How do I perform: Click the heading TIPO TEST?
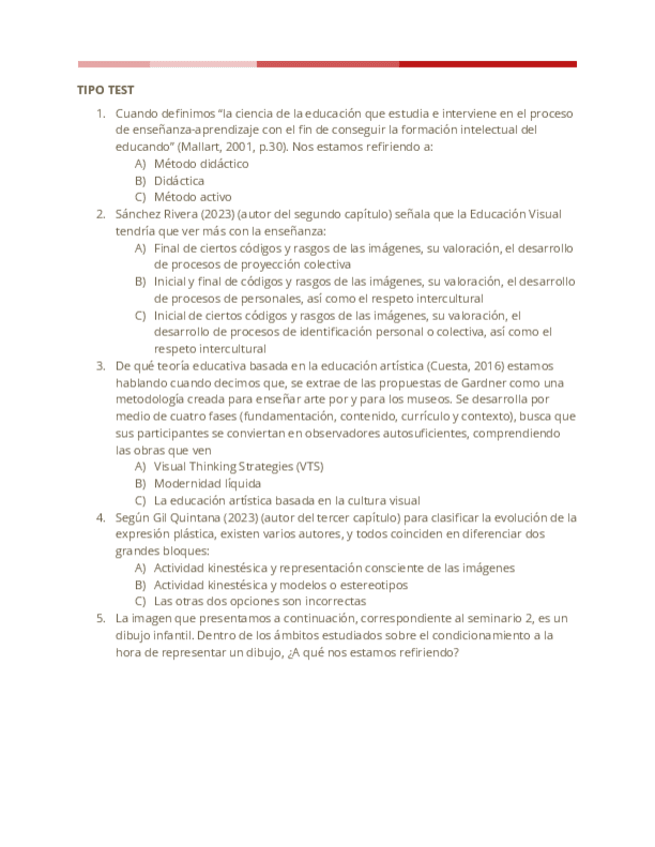tap(105, 90)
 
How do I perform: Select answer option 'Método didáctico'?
tap(201, 163)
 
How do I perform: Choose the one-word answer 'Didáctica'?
tap(179, 181)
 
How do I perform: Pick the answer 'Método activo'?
tap(193, 198)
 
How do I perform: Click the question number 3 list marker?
tap(101, 366)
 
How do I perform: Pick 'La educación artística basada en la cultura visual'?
tap(287, 500)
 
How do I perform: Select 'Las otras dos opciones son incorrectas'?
tap(260, 601)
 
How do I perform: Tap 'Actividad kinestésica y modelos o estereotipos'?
tap(280, 584)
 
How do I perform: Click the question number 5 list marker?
tap(101, 618)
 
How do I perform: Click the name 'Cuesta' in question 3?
tap(414, 366)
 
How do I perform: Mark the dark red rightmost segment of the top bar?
tap(487, 64)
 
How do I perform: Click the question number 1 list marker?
tap(101, 113)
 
